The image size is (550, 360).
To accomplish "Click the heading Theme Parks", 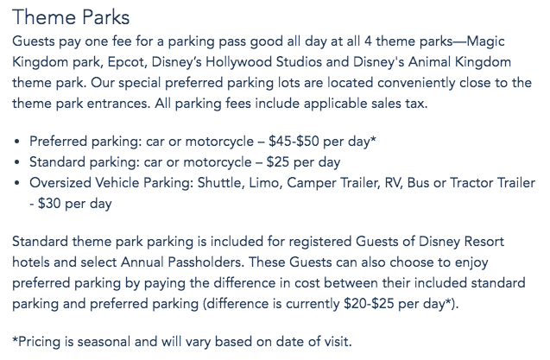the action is pyautogui.click(x=71, y=17).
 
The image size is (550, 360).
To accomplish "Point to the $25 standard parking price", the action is pyautogui.click(x=278, y=162).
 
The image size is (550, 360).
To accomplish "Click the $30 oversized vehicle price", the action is pyautogui.click(x=49, y=204).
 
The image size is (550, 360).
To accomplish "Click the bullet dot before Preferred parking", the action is pyautogui.click(x=17, y=142).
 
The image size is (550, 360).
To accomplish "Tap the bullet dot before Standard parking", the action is pyautogui.click(x=17, y=162).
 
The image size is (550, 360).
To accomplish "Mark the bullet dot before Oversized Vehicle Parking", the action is pyautogui.click(x=17, y=183).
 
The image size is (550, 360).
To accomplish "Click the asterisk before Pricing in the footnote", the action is pyautogui.click(x=15, y=339).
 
